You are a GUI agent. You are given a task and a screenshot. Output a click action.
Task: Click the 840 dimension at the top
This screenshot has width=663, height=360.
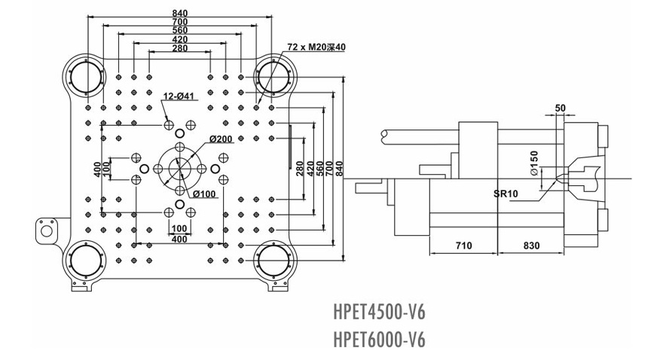[x=179, y=13]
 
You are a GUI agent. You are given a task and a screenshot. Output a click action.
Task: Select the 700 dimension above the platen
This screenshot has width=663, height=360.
[x=179, y=22]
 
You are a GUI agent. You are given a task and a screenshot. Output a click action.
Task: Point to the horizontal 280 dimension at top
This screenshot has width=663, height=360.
[x=179, y=48]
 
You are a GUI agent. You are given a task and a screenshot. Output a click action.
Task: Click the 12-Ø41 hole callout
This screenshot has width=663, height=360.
[x=179, y=96]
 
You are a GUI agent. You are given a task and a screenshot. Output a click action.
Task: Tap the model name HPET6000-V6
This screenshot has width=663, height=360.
[x=379, y=340]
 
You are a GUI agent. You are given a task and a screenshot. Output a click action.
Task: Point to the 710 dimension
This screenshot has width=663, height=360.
[x=463, y=246]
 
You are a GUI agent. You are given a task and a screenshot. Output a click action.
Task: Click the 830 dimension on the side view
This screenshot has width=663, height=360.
[x=530, y=246]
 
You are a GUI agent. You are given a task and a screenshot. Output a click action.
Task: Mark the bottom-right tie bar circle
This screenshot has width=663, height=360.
[x=272, y=262]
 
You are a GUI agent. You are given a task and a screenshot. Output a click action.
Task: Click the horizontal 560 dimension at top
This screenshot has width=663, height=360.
[x=179, y=30]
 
